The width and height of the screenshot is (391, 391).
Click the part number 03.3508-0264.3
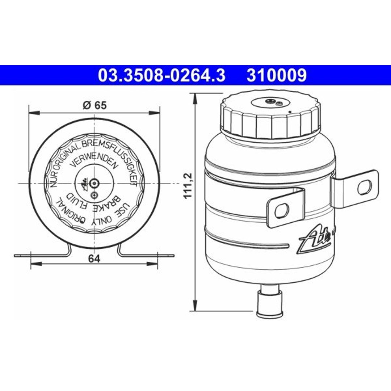coord(161,75)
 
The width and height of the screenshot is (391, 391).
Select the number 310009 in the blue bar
coord(277,75)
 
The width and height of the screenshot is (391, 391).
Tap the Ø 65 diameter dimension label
coord(94,105)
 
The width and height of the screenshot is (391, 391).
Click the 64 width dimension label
coord(94,258)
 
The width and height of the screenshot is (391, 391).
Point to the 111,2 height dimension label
coord(188,185)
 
